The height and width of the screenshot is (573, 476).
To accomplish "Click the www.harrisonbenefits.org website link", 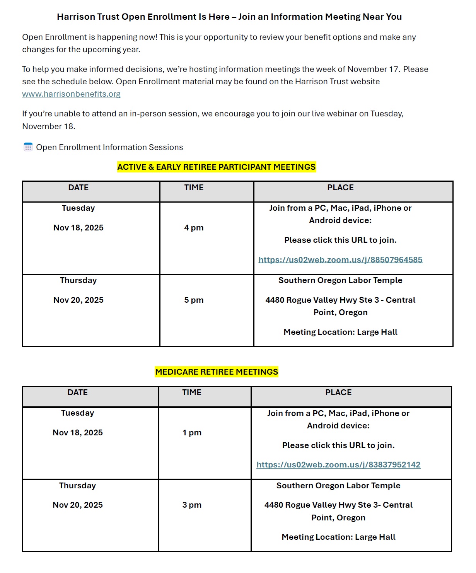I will point(71,94).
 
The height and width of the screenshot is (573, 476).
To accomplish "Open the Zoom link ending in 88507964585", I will point(340,260).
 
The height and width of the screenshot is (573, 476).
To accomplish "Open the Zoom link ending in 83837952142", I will point(338,465).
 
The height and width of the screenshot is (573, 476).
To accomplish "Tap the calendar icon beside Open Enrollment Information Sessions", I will point(28,147).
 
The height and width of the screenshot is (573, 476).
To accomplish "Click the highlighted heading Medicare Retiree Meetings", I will point(217,372).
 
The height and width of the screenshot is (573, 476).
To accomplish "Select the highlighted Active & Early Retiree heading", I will point(217,167).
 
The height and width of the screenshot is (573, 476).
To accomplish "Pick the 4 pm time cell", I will point(194,228).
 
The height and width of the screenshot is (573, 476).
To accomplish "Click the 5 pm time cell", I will point(194,300).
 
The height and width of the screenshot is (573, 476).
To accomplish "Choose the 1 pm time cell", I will point(192,433).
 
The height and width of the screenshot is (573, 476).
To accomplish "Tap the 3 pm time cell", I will point(192,505).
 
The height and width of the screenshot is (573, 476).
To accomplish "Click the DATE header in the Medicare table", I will point(77,392).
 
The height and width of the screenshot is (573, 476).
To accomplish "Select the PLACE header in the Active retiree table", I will point(340,188).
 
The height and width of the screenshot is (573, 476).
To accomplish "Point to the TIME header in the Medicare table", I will point(192,392).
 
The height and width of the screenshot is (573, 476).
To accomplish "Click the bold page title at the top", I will point(229,17).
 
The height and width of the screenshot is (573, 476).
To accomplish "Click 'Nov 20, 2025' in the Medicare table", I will point(78,505).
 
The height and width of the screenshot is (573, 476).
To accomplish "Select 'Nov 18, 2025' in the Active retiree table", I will point(78,228).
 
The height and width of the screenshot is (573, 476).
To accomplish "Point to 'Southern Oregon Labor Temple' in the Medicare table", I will point(338,486).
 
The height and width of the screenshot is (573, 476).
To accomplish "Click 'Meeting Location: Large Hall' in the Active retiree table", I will point(340,332).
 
